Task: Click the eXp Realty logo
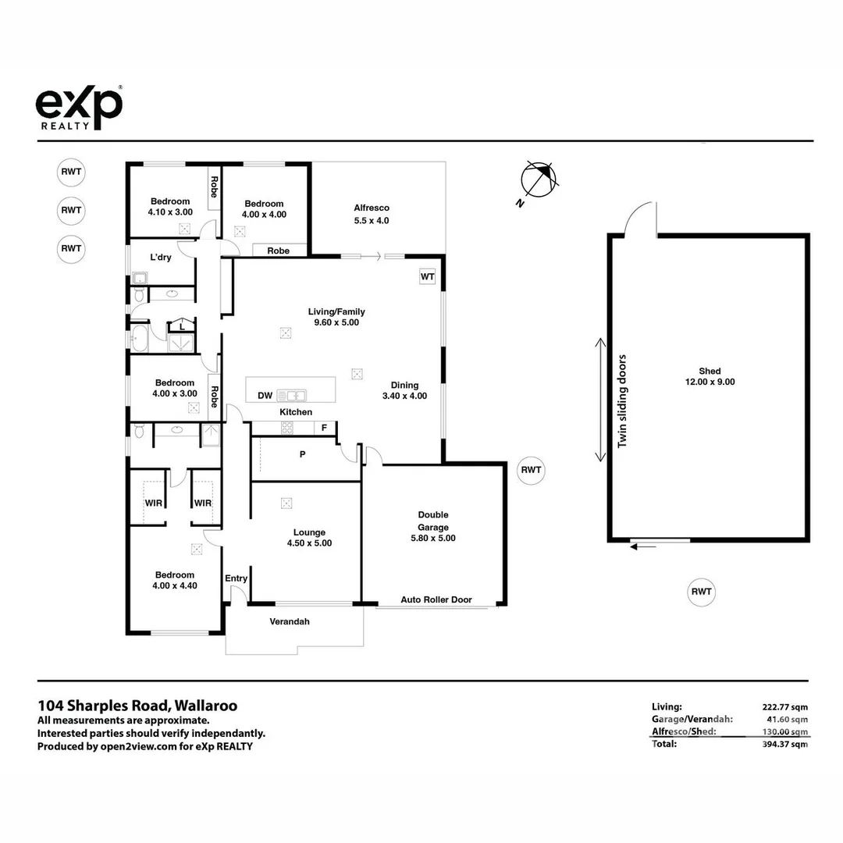[x=79, y=107]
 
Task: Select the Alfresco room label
[x=372, y=214]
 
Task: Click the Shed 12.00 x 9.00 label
[x=710, y=377]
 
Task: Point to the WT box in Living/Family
[x=427, y=277]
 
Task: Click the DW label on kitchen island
[x=265, y=396]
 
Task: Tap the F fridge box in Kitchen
[x=324, y=428]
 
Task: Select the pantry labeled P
[x=302, y=454]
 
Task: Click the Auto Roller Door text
[x=436, y=600]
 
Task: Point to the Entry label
[x=236, y=578]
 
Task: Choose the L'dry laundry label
[x=161, y=258]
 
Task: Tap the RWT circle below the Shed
[x=701, y=592]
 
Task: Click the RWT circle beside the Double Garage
[x=531, y=470]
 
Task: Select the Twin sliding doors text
[x=622, y=401]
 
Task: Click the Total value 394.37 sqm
[x=784, y=744]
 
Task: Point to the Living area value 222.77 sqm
[x=784, y=706]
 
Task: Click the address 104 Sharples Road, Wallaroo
[x=137, y=706]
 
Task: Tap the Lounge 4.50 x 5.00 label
[x=309, y=538]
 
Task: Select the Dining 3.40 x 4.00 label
[x=404, y=390]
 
